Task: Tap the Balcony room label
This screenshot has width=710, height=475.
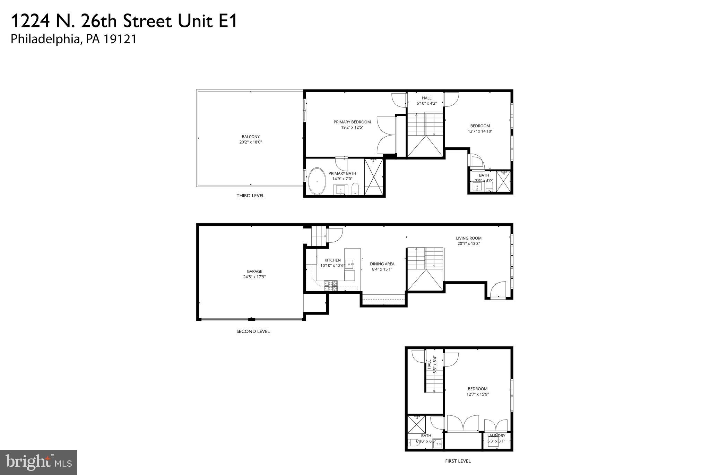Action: click(251, 137)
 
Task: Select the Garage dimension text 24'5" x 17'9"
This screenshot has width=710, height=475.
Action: click(254, 277)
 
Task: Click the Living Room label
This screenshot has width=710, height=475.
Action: click(469, 238)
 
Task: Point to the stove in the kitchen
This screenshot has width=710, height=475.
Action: click(330, 285)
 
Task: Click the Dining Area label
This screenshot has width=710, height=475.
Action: click(382, 264)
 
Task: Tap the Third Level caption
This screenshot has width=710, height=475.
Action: click(250, 196)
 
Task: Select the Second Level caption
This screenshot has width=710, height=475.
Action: click(253, 331)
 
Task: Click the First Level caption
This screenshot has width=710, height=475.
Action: click(458, 461)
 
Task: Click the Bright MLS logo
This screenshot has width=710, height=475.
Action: click(38, 462)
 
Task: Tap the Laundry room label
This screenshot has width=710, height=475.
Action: click(496, 436)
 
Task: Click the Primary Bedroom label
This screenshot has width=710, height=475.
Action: click(352, 122)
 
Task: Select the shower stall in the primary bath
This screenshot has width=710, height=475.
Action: click(373, 177)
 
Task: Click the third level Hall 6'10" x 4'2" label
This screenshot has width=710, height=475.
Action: click(426, 101)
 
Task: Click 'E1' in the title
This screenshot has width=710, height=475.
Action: click(227, 21)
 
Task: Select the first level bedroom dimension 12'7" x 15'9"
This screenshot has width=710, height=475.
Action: click(477, 394)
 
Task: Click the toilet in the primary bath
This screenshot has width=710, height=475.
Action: click(355, 189)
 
